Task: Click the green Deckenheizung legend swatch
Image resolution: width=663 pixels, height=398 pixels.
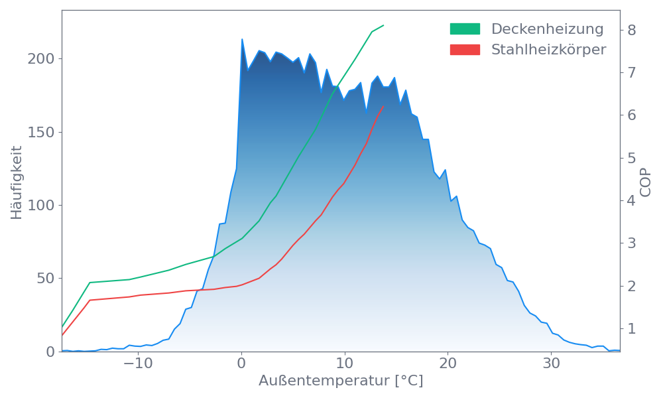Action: (465, 29)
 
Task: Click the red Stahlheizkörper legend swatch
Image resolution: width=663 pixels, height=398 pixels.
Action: (465, 50)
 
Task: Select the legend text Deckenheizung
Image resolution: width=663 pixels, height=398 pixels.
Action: (547, 29)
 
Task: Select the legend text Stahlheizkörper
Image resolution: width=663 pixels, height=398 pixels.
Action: (548, 50)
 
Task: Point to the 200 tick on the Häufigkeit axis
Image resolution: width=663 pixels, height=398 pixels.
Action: (40, 59)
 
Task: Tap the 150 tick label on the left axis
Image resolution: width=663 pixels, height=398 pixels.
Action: (40, 132)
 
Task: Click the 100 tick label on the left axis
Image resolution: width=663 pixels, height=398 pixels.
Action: (40, 206)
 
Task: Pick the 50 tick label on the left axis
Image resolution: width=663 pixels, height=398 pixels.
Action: (44, 279)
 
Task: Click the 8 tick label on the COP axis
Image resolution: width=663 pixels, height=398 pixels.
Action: (632, 30)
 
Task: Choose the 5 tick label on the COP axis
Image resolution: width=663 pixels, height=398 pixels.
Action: (632, 158)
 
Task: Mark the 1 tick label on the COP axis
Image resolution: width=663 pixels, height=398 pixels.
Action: (632, 328)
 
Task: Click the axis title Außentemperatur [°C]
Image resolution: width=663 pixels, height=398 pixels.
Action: (341, 381)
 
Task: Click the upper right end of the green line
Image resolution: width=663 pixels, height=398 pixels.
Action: (384, 25)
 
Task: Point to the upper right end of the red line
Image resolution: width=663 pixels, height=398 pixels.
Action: (384, 106)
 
